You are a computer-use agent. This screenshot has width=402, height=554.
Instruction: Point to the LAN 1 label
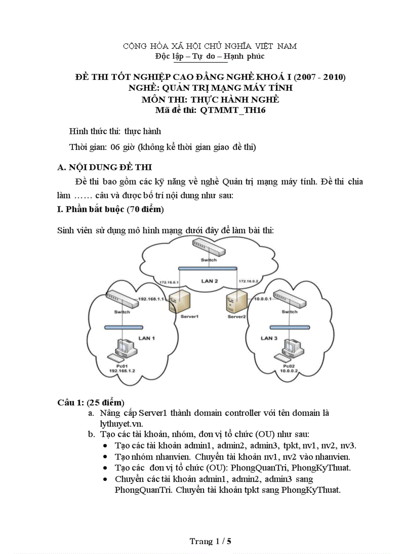(146, 338)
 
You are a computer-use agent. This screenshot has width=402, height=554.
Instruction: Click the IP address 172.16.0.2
(248, 281)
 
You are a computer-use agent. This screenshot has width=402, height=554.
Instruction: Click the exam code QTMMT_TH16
(233, 111)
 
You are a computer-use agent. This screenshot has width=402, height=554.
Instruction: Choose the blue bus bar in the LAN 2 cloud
(208, 268)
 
